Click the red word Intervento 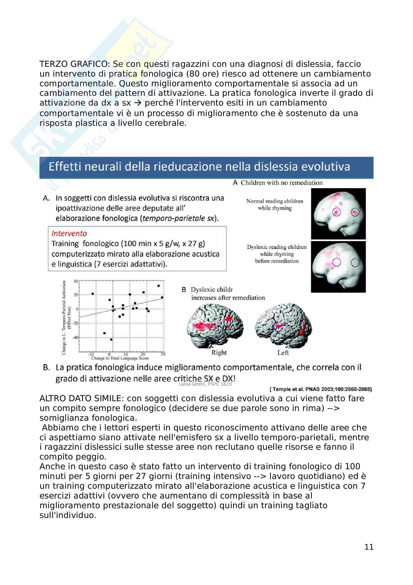pyautogui.click(x=69, y=233)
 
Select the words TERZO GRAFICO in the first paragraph pyautogui.click(x=74, y=64)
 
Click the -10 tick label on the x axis pyautogui.click(x=91, y=354)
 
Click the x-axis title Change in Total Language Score pyautogui.click(x=120, y=358)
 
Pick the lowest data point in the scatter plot pyautogui.click(x=111, y=339)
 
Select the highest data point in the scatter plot pyautogui.click(x=159, y=286)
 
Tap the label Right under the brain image pyautogui.click(x=219, y=353)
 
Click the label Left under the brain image pyautogui.click(x=283, y=353)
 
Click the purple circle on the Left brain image pyautogui.click(x=278, y=327)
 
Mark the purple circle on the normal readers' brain pyautogui.click(x=337, y=212)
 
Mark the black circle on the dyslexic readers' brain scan pyautogui.click(x=355, y=262)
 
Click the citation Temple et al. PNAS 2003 pyautogui.click(x=321, y=389)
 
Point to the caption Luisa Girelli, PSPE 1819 pyautogui.click(x=205, y=384)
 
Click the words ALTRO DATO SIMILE pyautogui.click(x=81, y=398)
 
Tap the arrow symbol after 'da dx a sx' pyautogui.click(x=138, y=103)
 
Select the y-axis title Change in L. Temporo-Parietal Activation pyautogui.click(x=64, y=317)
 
